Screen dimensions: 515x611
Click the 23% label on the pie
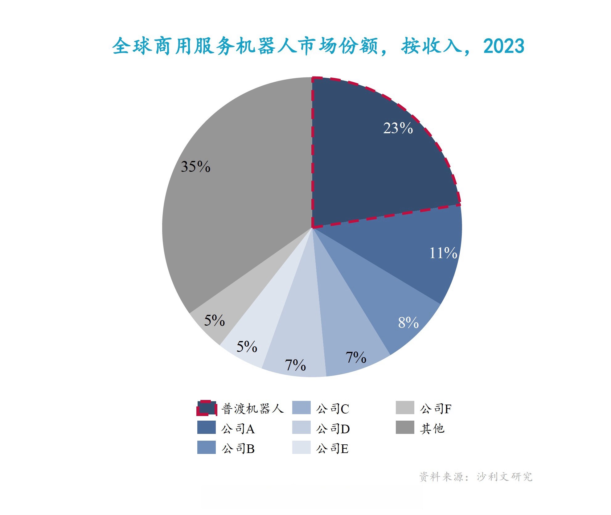[398, 128]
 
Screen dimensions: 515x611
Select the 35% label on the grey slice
[195, 167]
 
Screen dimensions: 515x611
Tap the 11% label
[443, 253]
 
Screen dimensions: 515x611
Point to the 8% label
[408, 323]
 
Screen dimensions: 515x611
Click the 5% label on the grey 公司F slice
[214, 320]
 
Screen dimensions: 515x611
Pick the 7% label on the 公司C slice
[356, 357]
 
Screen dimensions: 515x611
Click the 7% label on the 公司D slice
[295, 365]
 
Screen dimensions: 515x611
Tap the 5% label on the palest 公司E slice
[247, 347]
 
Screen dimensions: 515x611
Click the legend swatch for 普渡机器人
[207, 408]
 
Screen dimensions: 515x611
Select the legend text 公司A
[238, 429]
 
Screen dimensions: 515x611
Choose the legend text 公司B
[238, 449]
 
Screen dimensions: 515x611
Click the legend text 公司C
[333, 409]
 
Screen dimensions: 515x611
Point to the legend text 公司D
[333, 429]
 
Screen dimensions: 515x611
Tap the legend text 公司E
[332, 449]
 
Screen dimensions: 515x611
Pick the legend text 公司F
[436, 409]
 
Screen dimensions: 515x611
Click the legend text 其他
[432, 429]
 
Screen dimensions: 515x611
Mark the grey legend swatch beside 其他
[405, 427]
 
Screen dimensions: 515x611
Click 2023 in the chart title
[504, 46]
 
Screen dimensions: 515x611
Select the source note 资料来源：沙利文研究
[476, 477]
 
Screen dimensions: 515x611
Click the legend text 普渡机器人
[252, 409]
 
